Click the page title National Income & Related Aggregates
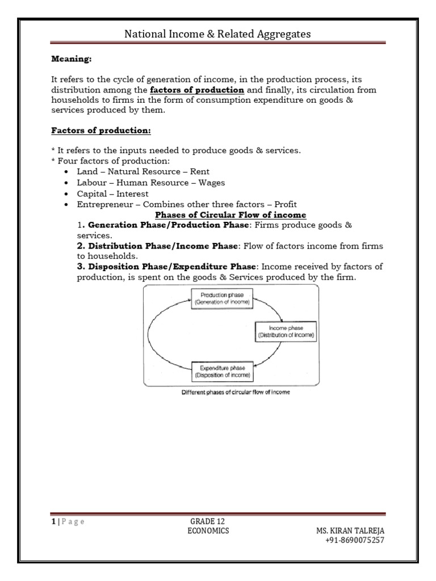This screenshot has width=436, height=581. [217, 35]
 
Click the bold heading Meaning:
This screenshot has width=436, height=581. [72, 58]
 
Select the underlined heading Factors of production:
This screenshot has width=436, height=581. [101, 130]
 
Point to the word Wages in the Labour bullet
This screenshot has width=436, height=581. [212, 183]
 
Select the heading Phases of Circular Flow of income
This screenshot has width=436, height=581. [230, 215]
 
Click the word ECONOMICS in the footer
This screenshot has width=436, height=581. [208, 531]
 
